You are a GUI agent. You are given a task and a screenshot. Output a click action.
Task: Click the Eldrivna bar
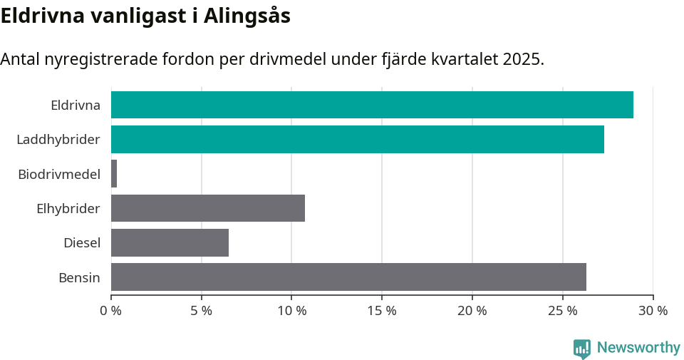pos(372,105)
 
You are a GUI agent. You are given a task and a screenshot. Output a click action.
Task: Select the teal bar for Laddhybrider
pos(358,139)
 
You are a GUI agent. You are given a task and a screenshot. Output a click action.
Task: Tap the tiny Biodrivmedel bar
pos(114,174)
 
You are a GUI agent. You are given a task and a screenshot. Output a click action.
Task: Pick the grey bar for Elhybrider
pos(208,208)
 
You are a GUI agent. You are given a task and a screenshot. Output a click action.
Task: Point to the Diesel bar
pos(170,242)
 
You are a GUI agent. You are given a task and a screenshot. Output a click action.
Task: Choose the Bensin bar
pos(348,277)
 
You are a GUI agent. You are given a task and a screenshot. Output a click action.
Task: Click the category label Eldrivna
pos(75,106)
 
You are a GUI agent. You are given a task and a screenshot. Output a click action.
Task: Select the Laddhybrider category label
pos(58,140)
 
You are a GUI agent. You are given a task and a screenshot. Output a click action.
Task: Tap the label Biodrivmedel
pos(59,174)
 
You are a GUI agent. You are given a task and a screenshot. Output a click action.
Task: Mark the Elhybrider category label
pos(68,208)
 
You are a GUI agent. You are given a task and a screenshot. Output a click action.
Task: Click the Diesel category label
pos(82,243)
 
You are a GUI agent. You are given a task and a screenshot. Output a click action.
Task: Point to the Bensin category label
pos(79,277)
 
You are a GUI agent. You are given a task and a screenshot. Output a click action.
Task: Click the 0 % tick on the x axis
pos(111,311)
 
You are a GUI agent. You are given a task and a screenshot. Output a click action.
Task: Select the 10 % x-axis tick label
pos(291,311)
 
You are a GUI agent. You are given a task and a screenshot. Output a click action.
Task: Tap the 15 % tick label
pos(382,311)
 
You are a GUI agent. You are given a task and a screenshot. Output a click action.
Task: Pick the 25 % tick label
pos(562,311)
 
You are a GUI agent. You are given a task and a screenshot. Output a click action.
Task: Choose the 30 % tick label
pos(653,311)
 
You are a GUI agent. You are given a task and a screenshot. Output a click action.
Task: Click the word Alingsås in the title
pos(247,16)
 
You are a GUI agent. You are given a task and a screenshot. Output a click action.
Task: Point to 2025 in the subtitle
pos(522,59)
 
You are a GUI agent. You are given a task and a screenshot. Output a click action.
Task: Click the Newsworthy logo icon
pos(581,348)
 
